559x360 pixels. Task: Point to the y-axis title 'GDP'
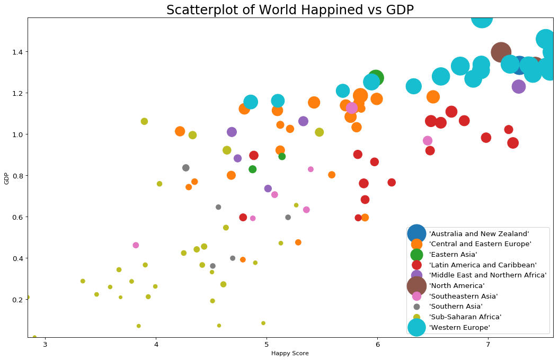(x=6, y=178)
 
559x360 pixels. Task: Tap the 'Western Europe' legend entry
(x=459, y=328)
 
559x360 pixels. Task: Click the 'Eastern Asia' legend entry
(x=453, y=255)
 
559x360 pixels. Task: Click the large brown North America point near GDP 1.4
(x=501, y=52)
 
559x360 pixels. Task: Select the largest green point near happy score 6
(x=376, y=78)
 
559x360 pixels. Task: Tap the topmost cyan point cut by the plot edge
(x=482, y=19)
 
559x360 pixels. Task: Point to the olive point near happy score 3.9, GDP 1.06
(x=144, y=121)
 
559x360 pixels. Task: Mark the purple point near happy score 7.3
(x=519, y=86)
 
